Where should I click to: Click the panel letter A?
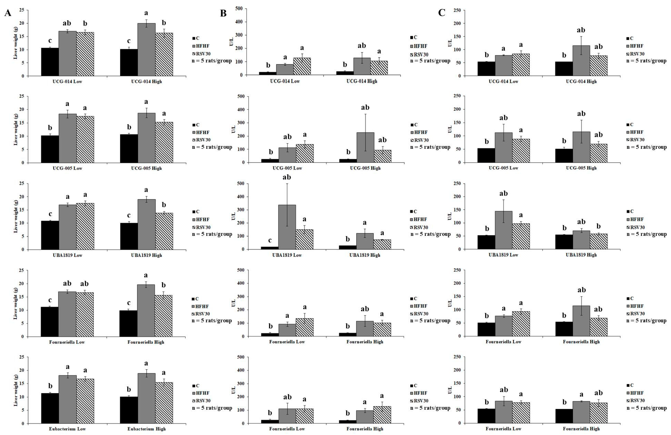click(8, 13)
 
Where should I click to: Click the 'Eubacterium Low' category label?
click(67, 429)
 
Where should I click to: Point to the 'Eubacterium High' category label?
click(146, 429)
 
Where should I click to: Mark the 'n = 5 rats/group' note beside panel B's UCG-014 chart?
click(430, 61)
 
